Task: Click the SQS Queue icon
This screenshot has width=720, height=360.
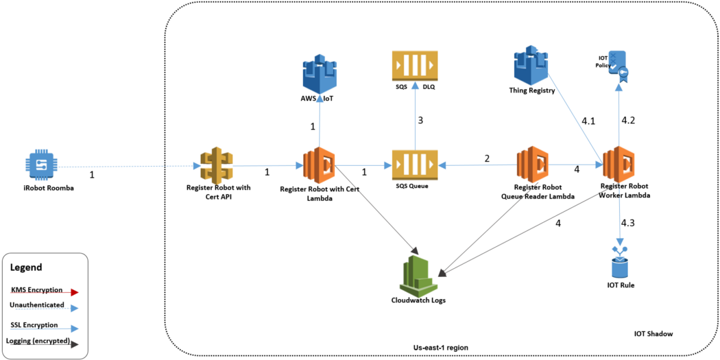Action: click(x=415, y=165)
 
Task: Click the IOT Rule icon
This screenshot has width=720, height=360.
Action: click(x=621, y=262)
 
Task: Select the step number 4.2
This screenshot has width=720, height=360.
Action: click(x=629, y=121)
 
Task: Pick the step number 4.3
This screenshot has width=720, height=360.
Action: click(x=629, y=222)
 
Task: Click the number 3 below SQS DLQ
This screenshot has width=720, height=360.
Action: click(x=420, y=120)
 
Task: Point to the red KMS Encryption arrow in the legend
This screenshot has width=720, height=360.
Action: click(x=45, y=291)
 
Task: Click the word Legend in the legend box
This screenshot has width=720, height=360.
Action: click(x=26, y=267)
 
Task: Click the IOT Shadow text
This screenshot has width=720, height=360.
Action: click(x=653, y=333)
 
